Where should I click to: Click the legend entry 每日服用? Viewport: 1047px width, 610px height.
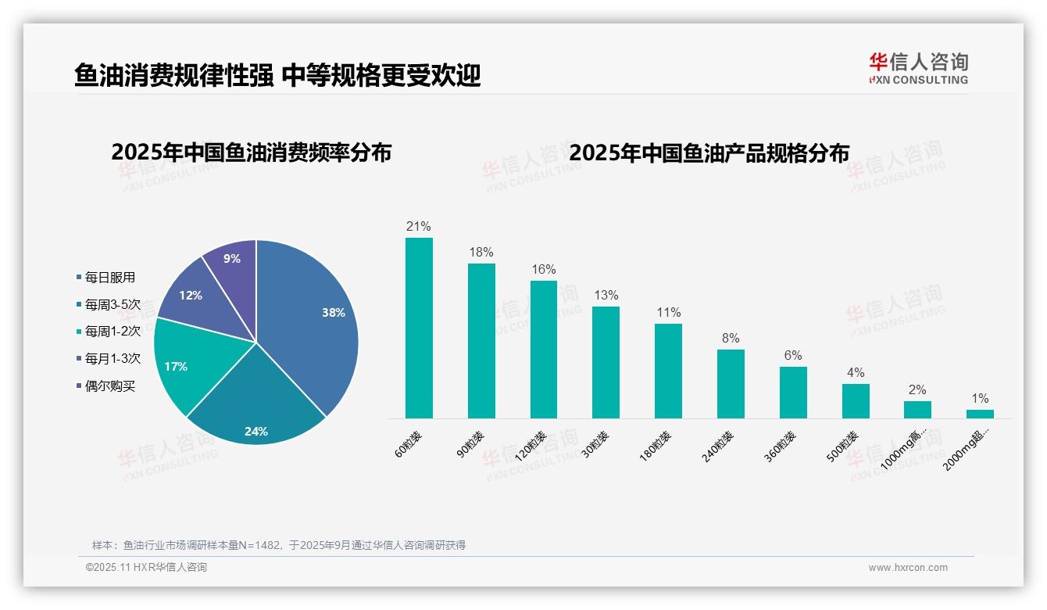[110, 278]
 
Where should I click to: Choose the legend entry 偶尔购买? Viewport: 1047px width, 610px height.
[110, 386]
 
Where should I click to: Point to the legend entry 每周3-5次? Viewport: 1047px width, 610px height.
[113, 305]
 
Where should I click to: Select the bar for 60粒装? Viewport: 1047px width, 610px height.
[419, 328]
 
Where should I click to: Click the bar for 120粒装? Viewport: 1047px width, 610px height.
[544, 350]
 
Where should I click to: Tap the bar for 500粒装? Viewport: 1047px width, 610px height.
[856, 401]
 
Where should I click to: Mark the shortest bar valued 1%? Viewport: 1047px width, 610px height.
[980, 414]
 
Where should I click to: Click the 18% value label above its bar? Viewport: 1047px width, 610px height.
[481, 253]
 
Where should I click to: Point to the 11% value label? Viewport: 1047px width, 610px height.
[668, 313]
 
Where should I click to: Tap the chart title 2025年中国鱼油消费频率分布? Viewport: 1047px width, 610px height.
[251, 152]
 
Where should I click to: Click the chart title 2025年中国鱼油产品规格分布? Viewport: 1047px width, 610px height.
[709, 152]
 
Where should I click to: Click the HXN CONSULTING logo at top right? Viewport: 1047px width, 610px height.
[918, 69]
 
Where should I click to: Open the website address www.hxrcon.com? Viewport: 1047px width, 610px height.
[908, 568]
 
